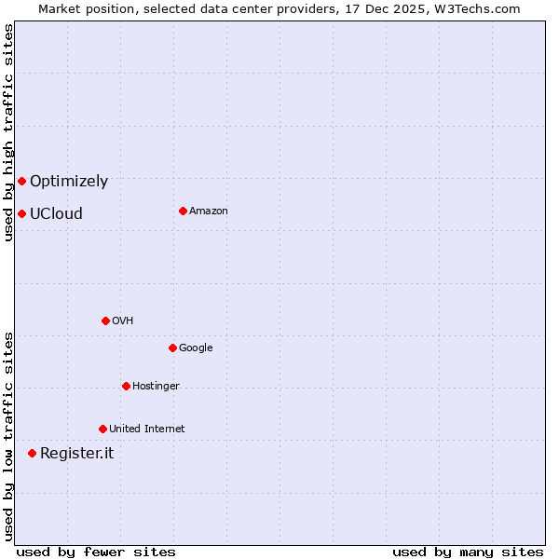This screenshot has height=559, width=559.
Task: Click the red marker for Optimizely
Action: [21, 181]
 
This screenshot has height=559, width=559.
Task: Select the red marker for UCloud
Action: [21, 213]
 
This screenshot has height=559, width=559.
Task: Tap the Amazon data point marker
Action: [183, 211]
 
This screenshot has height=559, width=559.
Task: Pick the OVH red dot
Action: [105, 320]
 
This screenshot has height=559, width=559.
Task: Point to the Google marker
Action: [172, 348]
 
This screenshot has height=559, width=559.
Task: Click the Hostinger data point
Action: [126, 386]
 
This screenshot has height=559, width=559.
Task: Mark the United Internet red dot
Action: [102, 429]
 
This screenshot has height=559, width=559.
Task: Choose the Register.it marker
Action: [32, 453]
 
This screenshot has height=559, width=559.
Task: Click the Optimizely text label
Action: [69, 182]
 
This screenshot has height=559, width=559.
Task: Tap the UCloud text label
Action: [56, 213]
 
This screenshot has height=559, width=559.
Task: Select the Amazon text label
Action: [209, 211]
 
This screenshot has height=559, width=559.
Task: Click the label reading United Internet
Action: [146, 429]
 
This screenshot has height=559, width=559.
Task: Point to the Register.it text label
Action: [76, 454]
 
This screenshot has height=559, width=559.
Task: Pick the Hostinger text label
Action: [156, 387]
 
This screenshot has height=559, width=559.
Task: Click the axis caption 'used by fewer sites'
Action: [96, 552]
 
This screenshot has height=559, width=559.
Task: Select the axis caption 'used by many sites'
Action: [468, 552]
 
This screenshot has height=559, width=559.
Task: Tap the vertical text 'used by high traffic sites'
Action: [8, 132]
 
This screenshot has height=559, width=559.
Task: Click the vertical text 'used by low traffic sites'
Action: [8, 435]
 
